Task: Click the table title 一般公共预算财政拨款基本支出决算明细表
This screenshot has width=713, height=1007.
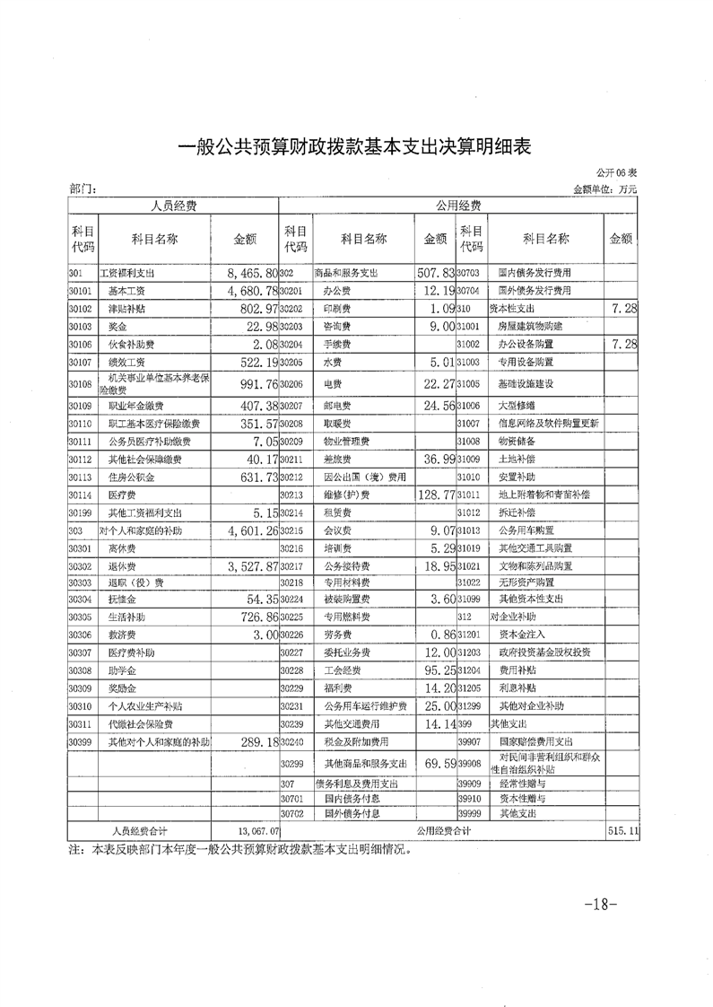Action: click(356, 148)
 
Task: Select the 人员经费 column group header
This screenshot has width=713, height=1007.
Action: click(173, 206)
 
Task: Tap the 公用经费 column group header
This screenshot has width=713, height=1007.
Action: click(457, 206)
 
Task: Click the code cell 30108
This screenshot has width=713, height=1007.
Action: click(81, 385)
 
